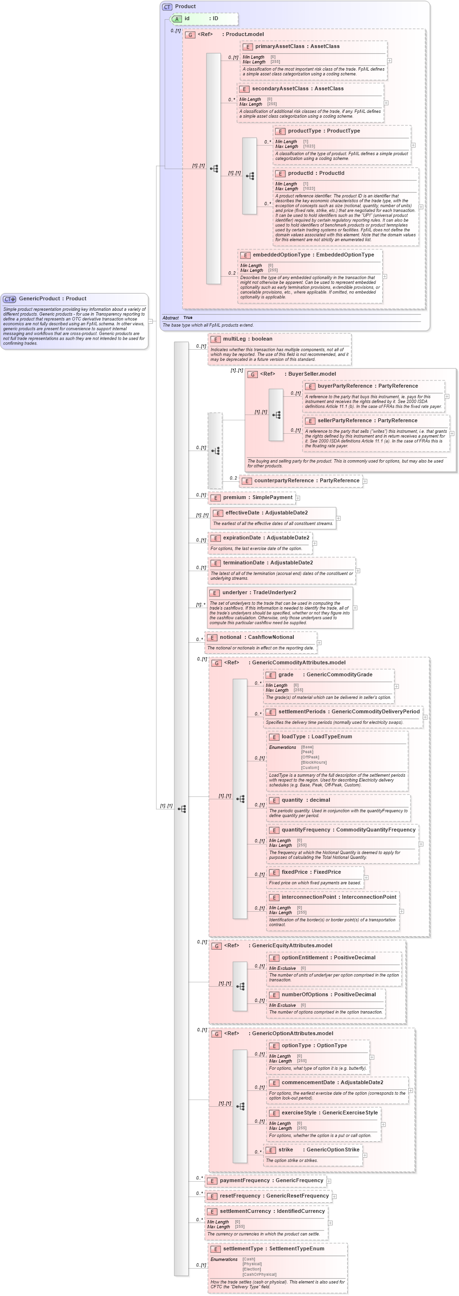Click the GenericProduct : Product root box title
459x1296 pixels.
click(x=52, y=298)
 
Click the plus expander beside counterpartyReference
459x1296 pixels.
click(x=365, y=481)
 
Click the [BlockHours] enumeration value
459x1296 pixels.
click(x=314, y=762)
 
